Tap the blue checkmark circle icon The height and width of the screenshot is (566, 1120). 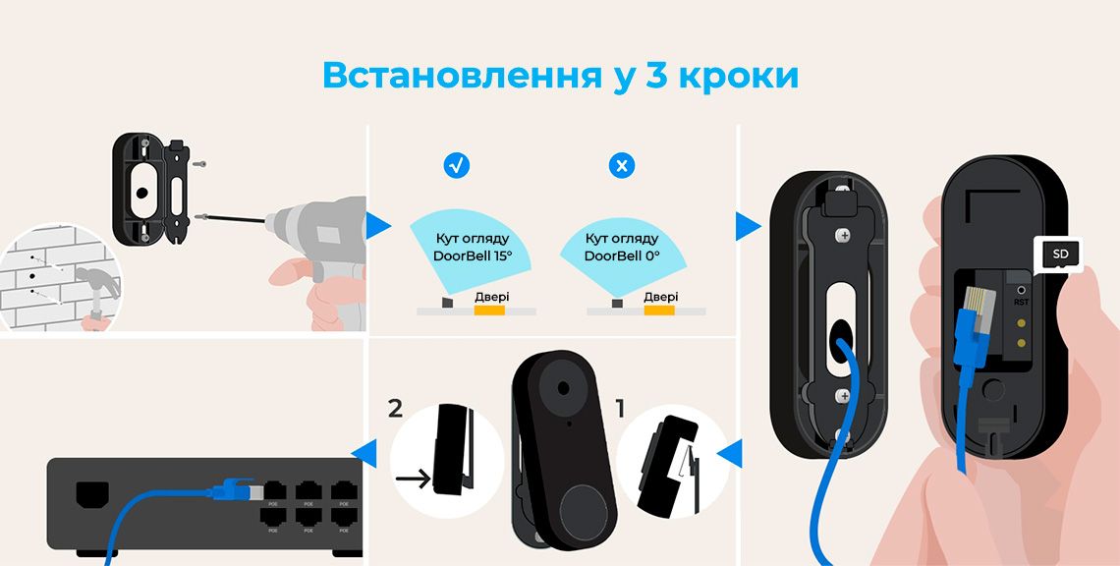click(457, 166)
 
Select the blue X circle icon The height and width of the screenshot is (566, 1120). click(622, 166)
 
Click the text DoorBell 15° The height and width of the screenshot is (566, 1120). click(473, 255)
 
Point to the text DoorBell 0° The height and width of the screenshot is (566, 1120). click(622, 255)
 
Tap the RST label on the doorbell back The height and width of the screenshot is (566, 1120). click(1022, 303)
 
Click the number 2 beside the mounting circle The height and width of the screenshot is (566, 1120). click(395, 409)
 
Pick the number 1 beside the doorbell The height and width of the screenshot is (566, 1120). click(620, 409)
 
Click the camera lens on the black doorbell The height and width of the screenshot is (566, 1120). click(564, 388)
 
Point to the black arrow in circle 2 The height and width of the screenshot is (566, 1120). click(415, 478)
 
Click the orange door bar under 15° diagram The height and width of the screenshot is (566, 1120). click(489, 311)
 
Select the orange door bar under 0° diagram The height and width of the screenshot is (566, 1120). click(659, 311)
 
